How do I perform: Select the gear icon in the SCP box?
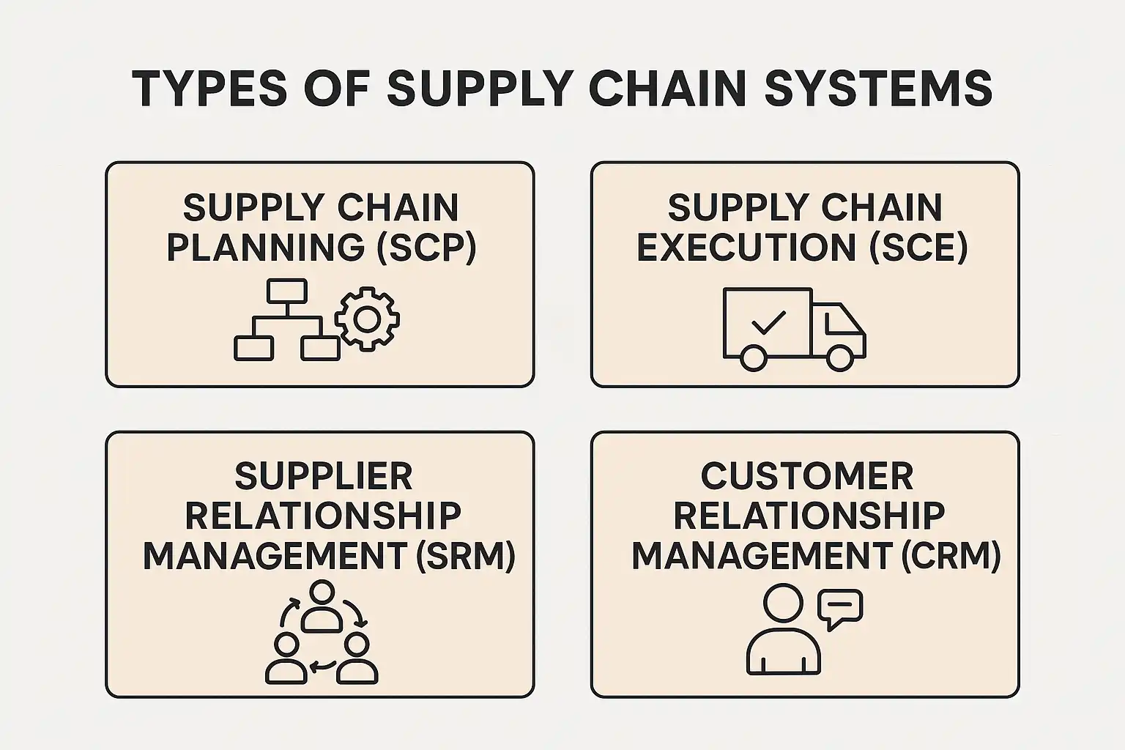coord(367,319)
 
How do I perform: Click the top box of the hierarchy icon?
coord(286,292)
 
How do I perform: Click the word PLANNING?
coord(266,248)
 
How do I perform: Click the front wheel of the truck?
coord(840,357)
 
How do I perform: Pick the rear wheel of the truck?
coord(753,357)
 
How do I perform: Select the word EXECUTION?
coord(746,248)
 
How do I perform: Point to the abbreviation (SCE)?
coord(918,248)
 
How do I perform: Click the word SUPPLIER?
coord(323,477)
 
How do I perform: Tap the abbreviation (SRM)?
coord(465,556)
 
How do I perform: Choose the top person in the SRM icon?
coord(322,606)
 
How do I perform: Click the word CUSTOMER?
coord(806,477)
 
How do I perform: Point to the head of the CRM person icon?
coord(783,603)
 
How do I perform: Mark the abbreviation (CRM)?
coord(951,556)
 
